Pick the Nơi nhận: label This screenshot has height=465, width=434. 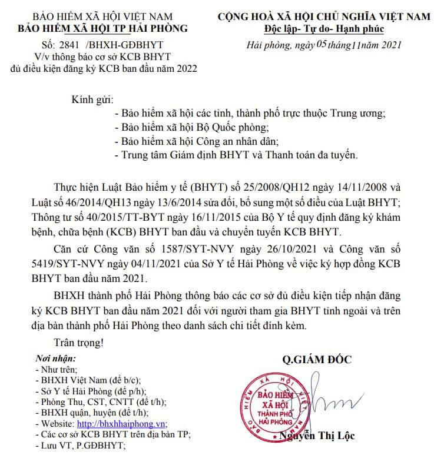click(x=56, y=358)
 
